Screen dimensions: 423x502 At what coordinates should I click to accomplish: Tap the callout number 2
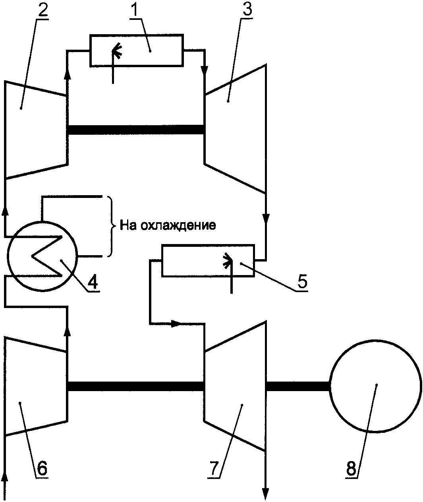point(42,10)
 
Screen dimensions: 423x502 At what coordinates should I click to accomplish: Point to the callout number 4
point(93,281)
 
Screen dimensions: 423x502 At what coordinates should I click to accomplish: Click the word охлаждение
point(178,225)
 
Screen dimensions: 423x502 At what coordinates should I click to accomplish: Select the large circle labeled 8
point(375,386)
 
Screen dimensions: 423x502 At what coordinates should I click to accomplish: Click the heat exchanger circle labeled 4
point(42,256)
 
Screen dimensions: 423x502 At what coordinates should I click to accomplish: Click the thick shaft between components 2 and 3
point(136,130)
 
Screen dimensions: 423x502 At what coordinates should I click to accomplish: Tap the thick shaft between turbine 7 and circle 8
point(297,386)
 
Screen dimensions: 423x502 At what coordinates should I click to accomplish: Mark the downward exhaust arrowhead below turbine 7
point(265,494)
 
